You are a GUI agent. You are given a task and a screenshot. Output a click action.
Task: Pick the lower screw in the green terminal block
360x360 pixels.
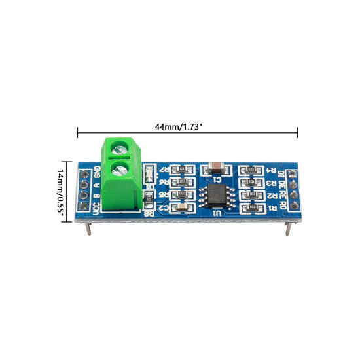coord(120,172)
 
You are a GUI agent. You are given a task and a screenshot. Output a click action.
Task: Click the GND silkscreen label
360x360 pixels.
coord(97,173)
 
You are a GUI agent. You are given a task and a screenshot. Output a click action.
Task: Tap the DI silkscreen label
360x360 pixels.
coord(281,173)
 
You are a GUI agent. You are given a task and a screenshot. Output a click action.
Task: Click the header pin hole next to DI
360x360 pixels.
coord(292,173)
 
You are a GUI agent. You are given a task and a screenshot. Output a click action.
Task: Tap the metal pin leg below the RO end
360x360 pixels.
coord(288,228)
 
